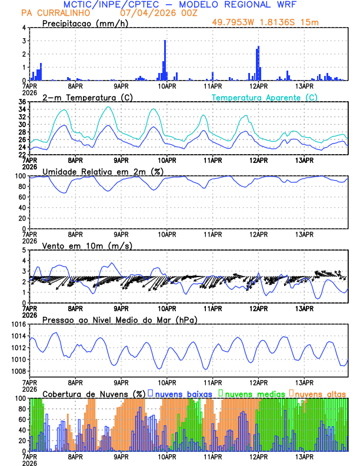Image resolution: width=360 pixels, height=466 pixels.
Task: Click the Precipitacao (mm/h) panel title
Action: [85, 24]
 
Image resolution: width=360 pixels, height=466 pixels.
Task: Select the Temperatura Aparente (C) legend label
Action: [265, 97]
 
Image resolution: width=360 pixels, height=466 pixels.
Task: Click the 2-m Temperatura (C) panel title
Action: [87, 97]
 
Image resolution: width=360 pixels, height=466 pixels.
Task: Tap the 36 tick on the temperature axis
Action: [22, 102]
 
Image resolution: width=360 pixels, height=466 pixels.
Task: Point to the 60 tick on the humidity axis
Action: [22, 197]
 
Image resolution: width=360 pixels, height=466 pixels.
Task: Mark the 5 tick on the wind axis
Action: [25, 250]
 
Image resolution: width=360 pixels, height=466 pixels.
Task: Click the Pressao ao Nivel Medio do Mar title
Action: [119, 319]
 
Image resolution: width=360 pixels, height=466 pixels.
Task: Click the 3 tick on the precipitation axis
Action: [25, 41]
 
